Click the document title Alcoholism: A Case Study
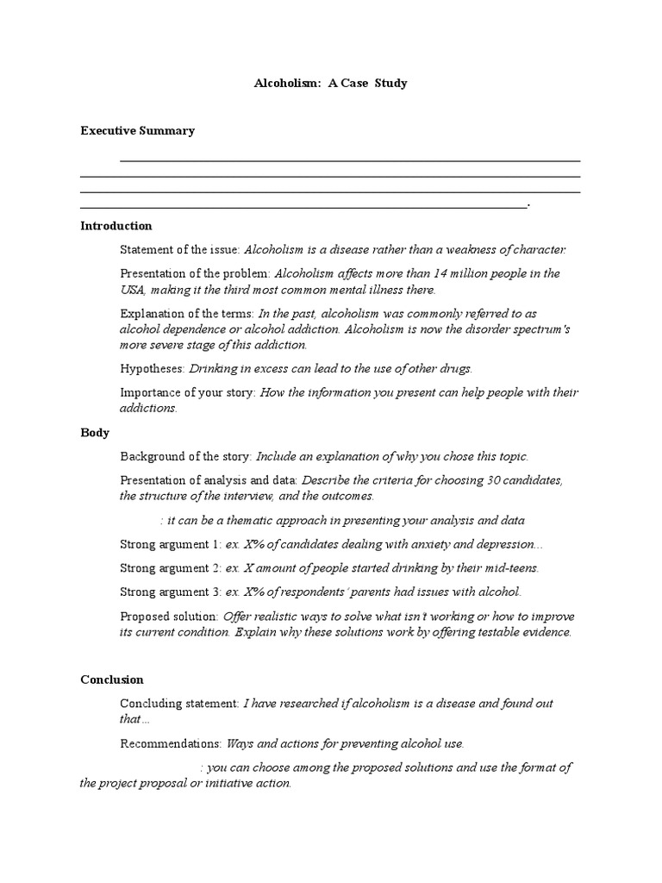[330, 84]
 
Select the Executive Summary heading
[137, 131]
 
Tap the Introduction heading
[116, 226]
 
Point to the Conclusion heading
[112, 679]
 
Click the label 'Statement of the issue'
[180, 250]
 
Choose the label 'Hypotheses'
[153, 369]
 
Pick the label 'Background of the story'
[185, 456]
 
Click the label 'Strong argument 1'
[170, 544]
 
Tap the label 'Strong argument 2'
[170, 567]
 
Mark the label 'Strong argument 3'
[170, 592]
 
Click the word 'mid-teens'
[509, 567]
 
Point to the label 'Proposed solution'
[169, 617]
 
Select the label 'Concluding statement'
[179, 704]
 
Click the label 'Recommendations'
[171, 743]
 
